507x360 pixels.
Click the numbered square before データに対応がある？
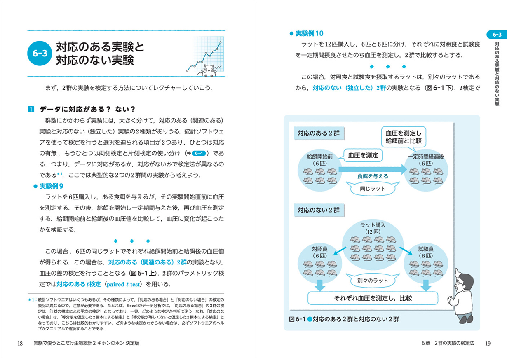tap(31, 110)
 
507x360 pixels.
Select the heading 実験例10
tap(307, 33)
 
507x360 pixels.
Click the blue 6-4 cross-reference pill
tap(200, 153)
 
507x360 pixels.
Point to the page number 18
tap(20, 344)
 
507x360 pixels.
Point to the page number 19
tap(487, 344)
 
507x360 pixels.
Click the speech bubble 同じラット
tap(373, 189)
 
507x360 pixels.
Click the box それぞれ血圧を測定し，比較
tap(373, 298)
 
